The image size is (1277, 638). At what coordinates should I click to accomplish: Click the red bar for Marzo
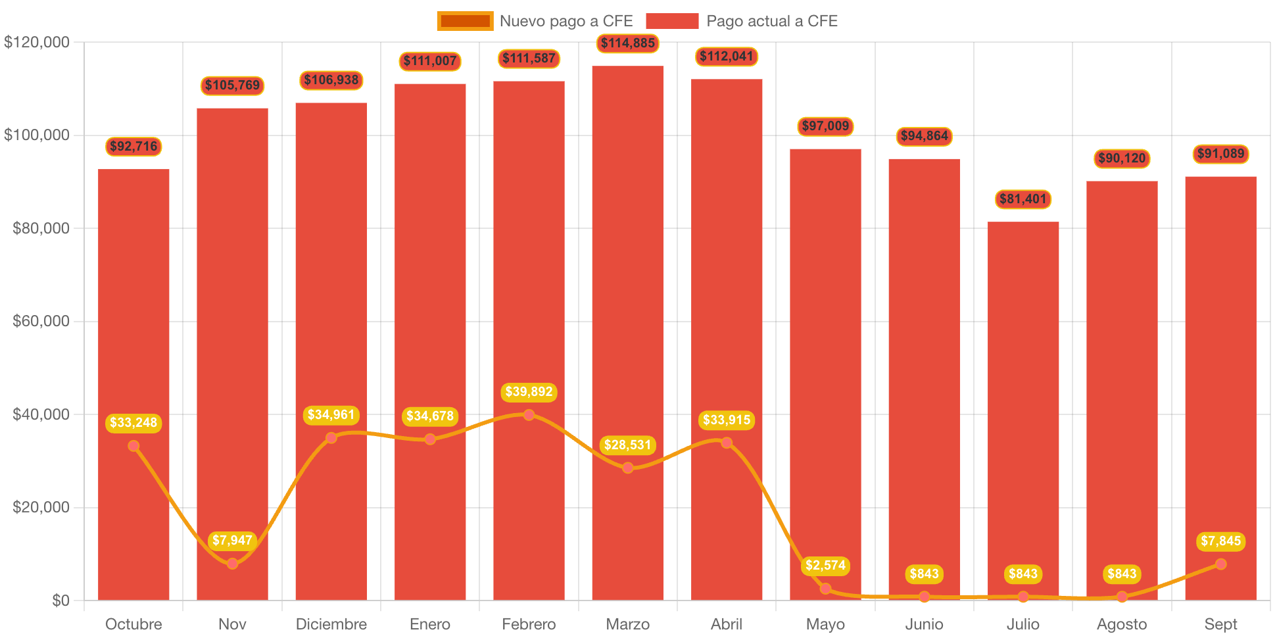(627, 263)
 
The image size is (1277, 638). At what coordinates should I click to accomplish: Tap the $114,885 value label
(628, 43)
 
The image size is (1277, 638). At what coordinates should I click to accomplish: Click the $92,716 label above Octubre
(133, 146)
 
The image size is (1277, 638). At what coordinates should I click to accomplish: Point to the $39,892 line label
(529, 392)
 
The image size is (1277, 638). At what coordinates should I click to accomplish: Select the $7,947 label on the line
(232, 541)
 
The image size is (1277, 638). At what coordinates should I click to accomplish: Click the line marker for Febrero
(529, 415)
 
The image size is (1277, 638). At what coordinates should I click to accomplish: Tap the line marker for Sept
(1220, 564)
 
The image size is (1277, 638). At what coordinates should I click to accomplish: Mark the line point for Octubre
(133, 446)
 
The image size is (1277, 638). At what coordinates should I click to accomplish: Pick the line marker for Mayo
(825, 588)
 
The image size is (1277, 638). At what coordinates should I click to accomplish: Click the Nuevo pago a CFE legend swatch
(465, 21)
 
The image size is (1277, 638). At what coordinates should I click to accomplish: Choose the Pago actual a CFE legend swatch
(672, 21)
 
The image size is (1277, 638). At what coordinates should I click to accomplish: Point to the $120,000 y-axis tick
(37, 42)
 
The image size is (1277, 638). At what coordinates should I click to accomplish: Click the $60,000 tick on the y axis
(41, 321)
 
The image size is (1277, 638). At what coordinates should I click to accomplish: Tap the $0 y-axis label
(60, 601)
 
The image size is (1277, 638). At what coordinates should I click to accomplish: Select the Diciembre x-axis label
(331, 624)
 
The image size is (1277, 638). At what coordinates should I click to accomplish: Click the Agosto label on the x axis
(1122, 624)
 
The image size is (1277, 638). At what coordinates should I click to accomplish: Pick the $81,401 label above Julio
(1023, 199)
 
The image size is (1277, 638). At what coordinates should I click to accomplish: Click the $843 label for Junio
(924, 574)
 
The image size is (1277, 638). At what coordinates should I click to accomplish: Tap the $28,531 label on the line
(627, 445)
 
